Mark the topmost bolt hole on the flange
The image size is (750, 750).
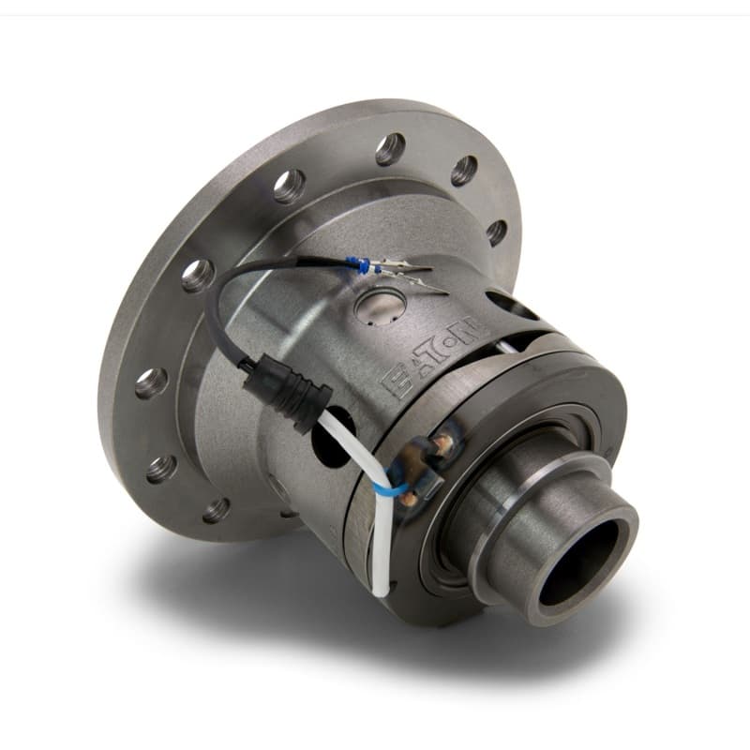tap(390, 148)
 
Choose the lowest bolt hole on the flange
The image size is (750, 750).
tap(217, 509)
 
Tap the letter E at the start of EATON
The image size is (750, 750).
tap(390, 382)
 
